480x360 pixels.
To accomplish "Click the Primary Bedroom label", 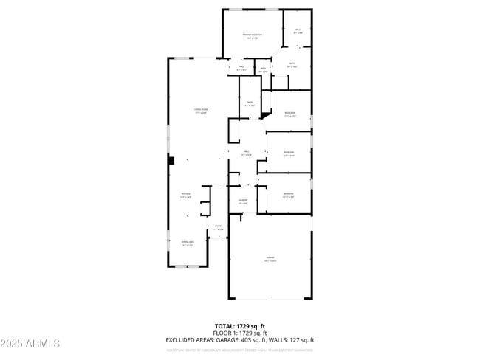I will point(253,36).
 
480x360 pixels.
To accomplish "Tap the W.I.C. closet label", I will point(298,32).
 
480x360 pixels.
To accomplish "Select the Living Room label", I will point(199,111).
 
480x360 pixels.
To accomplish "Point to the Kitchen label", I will point(186,195).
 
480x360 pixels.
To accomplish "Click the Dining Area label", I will point(187,243).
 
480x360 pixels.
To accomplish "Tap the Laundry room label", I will point(242,201).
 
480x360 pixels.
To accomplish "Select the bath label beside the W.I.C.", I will point(292,65).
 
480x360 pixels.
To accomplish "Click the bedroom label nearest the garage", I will point(289,195).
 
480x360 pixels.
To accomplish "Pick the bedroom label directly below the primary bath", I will point(289,114).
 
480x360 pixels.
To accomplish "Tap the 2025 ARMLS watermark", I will point(30,344).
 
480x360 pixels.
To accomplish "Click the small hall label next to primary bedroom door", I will point(241,69).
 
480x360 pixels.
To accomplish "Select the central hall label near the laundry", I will point(247,154).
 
